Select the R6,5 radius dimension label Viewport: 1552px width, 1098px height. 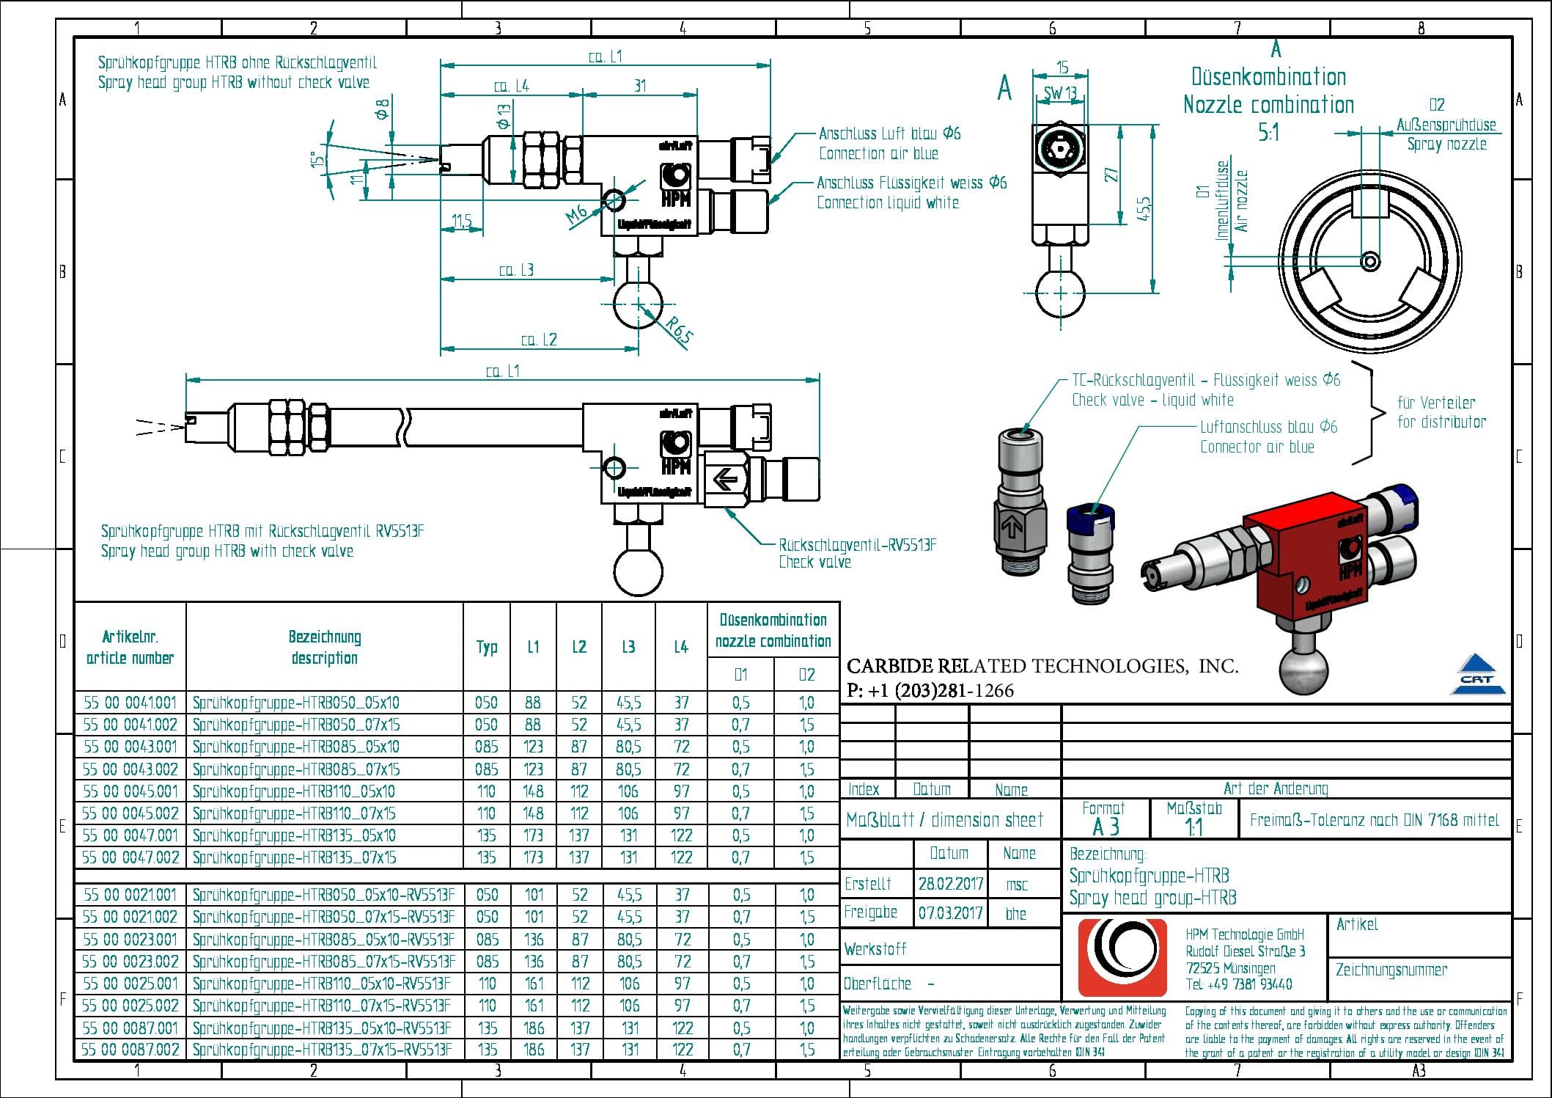[680, 331]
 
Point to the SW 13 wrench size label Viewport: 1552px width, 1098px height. [1060, 94]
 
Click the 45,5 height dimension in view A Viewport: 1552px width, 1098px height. [1144, 209]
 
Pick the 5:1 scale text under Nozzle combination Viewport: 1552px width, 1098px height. [1268, 133]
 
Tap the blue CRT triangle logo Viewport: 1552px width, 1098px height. [1476, 675]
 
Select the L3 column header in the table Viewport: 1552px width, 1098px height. [628, 647]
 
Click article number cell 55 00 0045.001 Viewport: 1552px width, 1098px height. [130, 791]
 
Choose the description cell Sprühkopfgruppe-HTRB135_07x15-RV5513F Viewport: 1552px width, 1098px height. [322, 1050]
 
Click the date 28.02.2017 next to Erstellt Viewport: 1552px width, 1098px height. [950, 884]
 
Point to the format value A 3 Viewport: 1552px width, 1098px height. [1106, 827]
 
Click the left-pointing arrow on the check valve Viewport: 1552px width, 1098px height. [725, 480]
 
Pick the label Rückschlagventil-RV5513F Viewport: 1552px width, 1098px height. [857, 545]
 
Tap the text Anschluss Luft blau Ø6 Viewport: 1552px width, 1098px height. [889, 133]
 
